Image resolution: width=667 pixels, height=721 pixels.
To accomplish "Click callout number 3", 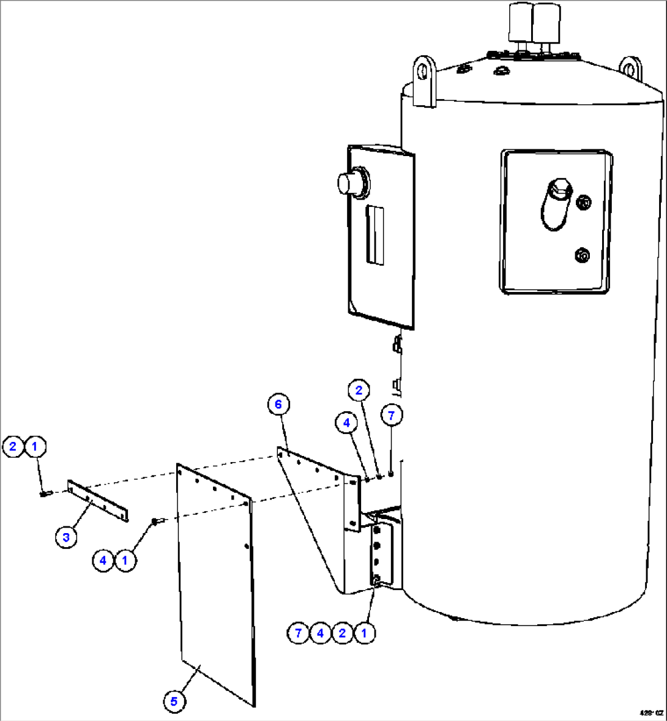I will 66,538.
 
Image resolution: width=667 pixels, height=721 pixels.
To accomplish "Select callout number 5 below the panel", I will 174,701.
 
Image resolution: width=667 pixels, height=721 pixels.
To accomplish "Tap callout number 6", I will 278,405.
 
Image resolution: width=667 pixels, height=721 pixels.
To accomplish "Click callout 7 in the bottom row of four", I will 298,633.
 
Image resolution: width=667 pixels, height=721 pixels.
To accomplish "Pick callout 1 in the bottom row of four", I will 364,633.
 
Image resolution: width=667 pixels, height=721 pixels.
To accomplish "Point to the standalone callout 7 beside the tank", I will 392,415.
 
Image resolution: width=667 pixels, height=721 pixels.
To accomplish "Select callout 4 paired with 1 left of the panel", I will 103,560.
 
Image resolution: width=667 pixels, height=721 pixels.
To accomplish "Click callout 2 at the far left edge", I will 13,446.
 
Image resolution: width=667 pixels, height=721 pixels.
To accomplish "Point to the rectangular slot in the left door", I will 375,235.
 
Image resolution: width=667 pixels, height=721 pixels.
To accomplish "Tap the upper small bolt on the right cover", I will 584,201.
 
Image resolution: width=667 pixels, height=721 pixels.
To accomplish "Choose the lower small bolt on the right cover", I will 581,255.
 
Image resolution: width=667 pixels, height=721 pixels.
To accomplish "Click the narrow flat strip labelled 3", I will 98,501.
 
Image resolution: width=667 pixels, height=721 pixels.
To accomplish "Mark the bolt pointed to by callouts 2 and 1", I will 44,493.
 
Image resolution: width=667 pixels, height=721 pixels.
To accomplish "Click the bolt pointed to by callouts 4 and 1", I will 155,521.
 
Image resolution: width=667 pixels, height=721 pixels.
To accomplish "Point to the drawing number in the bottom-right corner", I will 650,713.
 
